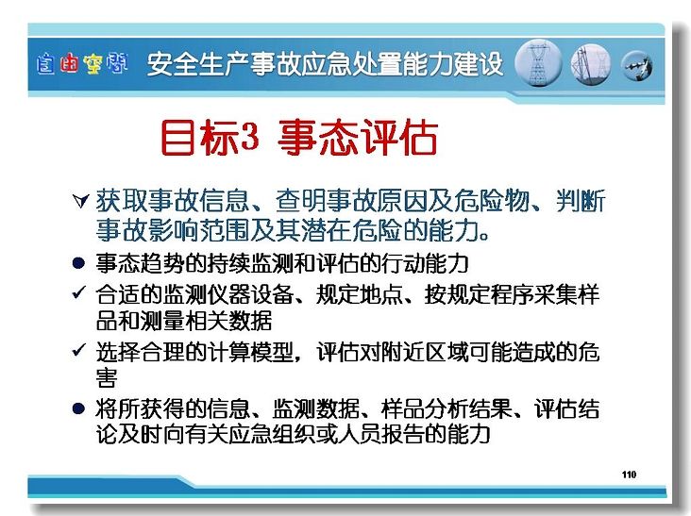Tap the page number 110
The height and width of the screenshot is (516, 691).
[629, 474]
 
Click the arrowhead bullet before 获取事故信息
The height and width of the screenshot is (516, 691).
[80, 201]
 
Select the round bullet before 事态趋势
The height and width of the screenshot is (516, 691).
[78, 263]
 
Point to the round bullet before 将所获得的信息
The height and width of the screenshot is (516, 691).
[78, 408]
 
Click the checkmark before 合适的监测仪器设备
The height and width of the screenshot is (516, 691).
[79, 291]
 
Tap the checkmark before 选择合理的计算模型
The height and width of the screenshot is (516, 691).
[79, 350]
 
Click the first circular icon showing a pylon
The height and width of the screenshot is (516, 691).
[538, 63]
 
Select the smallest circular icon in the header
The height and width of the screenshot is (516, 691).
[636, 66]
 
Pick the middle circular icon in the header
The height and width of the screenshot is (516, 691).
[591, 64]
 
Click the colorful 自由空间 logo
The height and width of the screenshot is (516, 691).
[82, 64]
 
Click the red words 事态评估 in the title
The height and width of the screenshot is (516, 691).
[358, 137]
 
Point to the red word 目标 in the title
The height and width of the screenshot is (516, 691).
[199, 137]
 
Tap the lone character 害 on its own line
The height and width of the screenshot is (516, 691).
[107, 377]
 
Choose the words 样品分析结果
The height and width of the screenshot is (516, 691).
[447, 409]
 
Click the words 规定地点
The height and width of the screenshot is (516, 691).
[359, 294]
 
